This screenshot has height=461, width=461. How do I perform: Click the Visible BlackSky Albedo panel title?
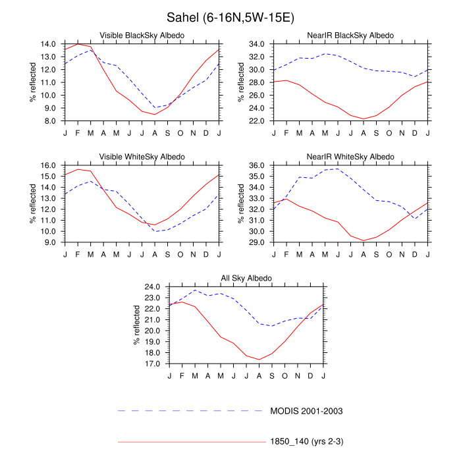pyautogui.click(x=142, y=34)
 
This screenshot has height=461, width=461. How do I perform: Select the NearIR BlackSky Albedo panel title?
pyautogui.click(x=351, y=34)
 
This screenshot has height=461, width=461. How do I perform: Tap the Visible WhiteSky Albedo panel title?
pyautogui.click(x=142, y=156)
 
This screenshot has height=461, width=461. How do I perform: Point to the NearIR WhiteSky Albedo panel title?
pyautogui.click(x=351, y=156)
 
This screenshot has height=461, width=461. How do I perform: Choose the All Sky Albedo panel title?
pyautogui.click(x=246, y=279)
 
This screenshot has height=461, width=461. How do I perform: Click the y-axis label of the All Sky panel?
pyautogui.click(x=137, y=325)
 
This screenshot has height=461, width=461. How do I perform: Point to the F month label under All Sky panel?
pyautogui.click(x=182, y=375)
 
